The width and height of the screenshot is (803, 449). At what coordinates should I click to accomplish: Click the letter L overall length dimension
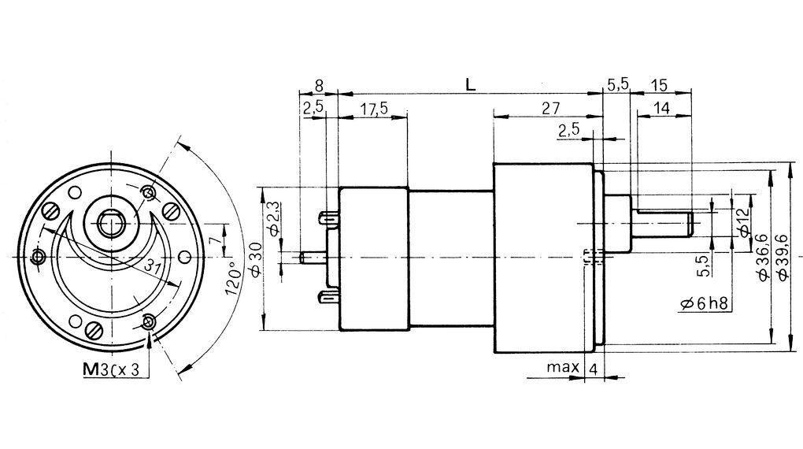tap(470, 85)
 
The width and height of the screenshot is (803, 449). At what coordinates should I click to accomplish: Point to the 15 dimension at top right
tap(660, 85)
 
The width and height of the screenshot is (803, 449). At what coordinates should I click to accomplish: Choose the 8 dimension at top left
tap(318, 85)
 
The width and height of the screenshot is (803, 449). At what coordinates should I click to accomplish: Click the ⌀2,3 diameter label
tap(272, 218)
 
